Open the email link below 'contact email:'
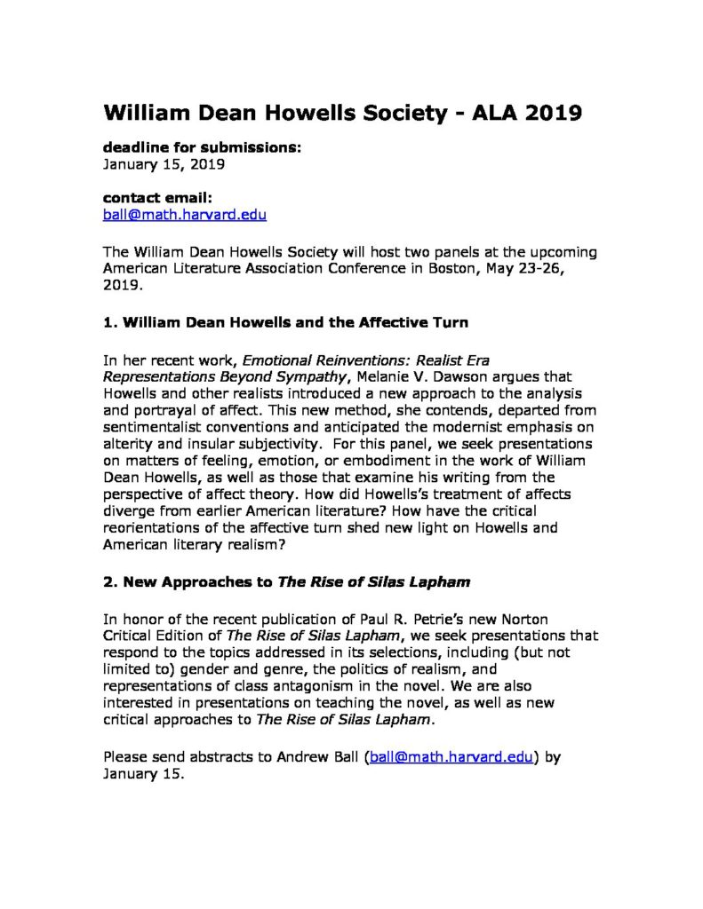point(185,215)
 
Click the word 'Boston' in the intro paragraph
point(476,266)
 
